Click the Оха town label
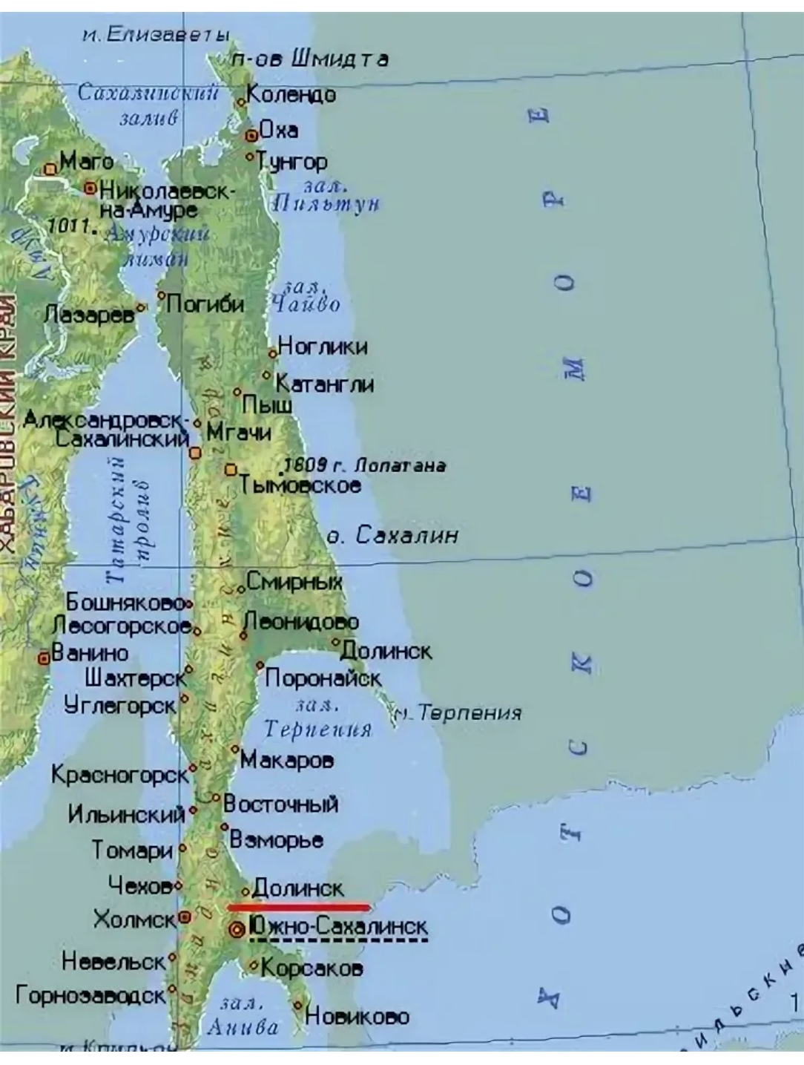point(279,130)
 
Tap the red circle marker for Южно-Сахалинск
point(237,929)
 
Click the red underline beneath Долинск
point(299,906)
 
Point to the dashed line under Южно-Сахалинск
point(338,940)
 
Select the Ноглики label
point(323,346)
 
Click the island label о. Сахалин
point(393,535)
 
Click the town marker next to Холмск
point(185,917)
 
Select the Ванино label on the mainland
point(90,653)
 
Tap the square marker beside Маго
point(50,168)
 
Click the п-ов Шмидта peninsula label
point(310,59)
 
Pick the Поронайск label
point(323,678)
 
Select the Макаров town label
point(287,760)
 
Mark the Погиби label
point(205,304)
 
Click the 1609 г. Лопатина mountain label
point(365,465)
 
